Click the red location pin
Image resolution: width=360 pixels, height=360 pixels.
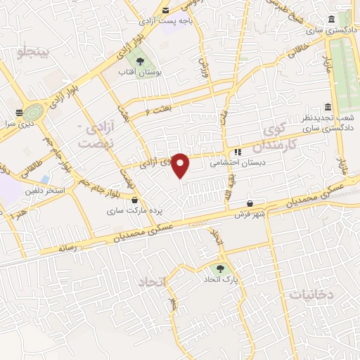click(x=181, y=165)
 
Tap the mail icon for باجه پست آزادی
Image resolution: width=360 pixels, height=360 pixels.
click(x=165, y=11)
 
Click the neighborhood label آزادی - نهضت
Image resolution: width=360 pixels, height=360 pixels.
click(x=93, y=134)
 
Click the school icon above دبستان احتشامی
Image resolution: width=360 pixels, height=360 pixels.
click(x=238, y=151)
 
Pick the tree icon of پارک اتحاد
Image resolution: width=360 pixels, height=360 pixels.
click(x=222, y=268)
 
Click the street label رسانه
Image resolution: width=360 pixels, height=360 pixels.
click(x=66, y=247)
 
